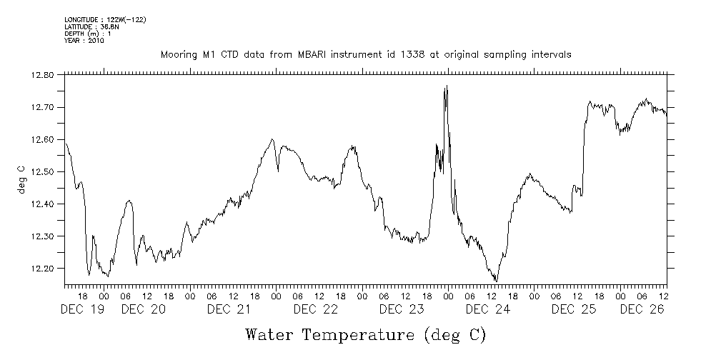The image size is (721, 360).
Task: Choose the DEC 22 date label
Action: [315, 309]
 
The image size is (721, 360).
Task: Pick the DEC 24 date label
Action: [487, 309]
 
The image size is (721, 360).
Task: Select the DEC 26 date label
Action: [642, 309]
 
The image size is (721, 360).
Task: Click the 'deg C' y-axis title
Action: [21, 179]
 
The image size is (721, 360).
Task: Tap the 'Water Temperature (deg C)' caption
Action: [365, 334]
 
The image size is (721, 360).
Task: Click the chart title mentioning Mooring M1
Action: [365, 55]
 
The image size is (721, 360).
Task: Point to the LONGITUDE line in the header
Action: [105, 19]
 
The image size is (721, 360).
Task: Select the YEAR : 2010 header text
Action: [84, 41]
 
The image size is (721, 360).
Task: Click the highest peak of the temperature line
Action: [447, 86]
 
